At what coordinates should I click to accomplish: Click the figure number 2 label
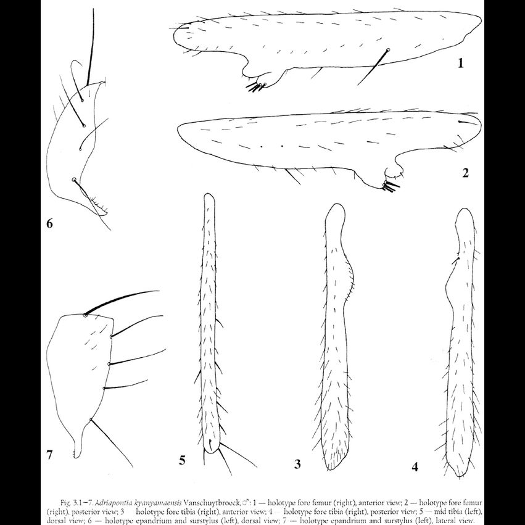[465, 173]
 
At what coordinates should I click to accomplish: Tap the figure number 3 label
[297, 464]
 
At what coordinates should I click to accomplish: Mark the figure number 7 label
[50, 455]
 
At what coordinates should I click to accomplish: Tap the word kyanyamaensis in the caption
[189, 495]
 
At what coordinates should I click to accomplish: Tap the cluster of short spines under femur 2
[390, 184]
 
